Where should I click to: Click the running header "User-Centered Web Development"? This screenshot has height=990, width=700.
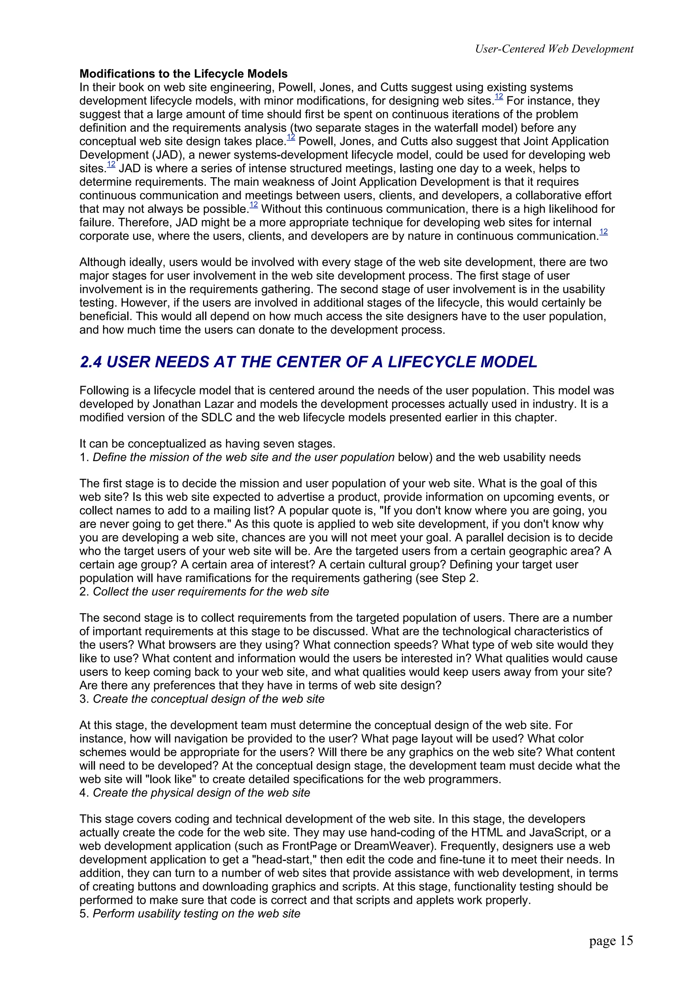(x=554, y=49)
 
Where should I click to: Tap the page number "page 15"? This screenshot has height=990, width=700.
(x=611, y=941)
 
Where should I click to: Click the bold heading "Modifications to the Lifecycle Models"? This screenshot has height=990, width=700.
(x=183, y=73)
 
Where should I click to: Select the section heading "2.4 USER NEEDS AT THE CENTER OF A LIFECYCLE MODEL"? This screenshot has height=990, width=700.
(x=308, y=362)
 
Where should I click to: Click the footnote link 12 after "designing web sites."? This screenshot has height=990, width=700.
(x=499, y=98)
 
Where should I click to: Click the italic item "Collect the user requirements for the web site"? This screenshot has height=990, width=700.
(x=211, y=592)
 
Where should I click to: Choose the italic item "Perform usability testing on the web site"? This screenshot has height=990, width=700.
(x=196, y=914)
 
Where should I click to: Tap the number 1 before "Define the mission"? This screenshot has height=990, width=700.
(x=83, y=457)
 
